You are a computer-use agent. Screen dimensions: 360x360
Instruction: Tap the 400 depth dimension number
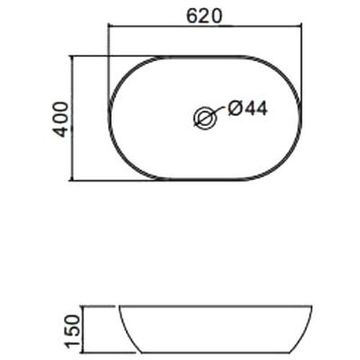pos(60,120)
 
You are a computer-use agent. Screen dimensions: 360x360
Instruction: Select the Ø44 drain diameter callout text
pos(247,108)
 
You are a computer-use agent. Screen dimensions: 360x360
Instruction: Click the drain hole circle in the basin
pos(205,117)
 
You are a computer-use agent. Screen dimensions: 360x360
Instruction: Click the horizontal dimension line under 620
pos(205,26)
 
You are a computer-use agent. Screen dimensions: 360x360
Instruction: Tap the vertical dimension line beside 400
pos(72,118)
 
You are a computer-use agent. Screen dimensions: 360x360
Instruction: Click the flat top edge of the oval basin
pos(204,57)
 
